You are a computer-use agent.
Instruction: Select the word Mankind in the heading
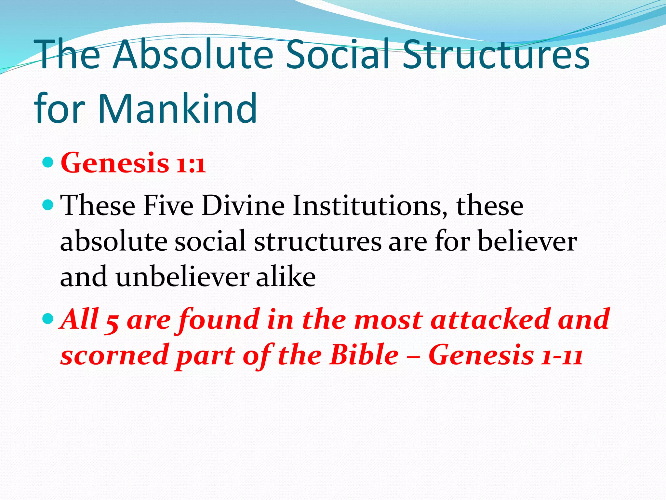(178, 109)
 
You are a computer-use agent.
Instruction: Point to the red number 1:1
(191, 164)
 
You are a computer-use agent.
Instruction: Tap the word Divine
(243, 206)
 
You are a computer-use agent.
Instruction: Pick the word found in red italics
(218, 320)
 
